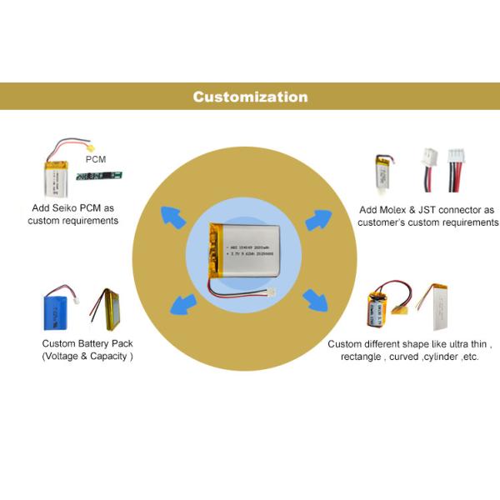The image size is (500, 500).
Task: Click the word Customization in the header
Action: click(250, 97)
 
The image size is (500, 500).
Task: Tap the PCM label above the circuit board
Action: click(97, 158)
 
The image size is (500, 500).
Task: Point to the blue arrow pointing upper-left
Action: click(174, 217)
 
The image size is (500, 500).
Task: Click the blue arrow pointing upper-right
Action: click(319, 220)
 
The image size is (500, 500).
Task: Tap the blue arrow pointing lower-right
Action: click(316, 300)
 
